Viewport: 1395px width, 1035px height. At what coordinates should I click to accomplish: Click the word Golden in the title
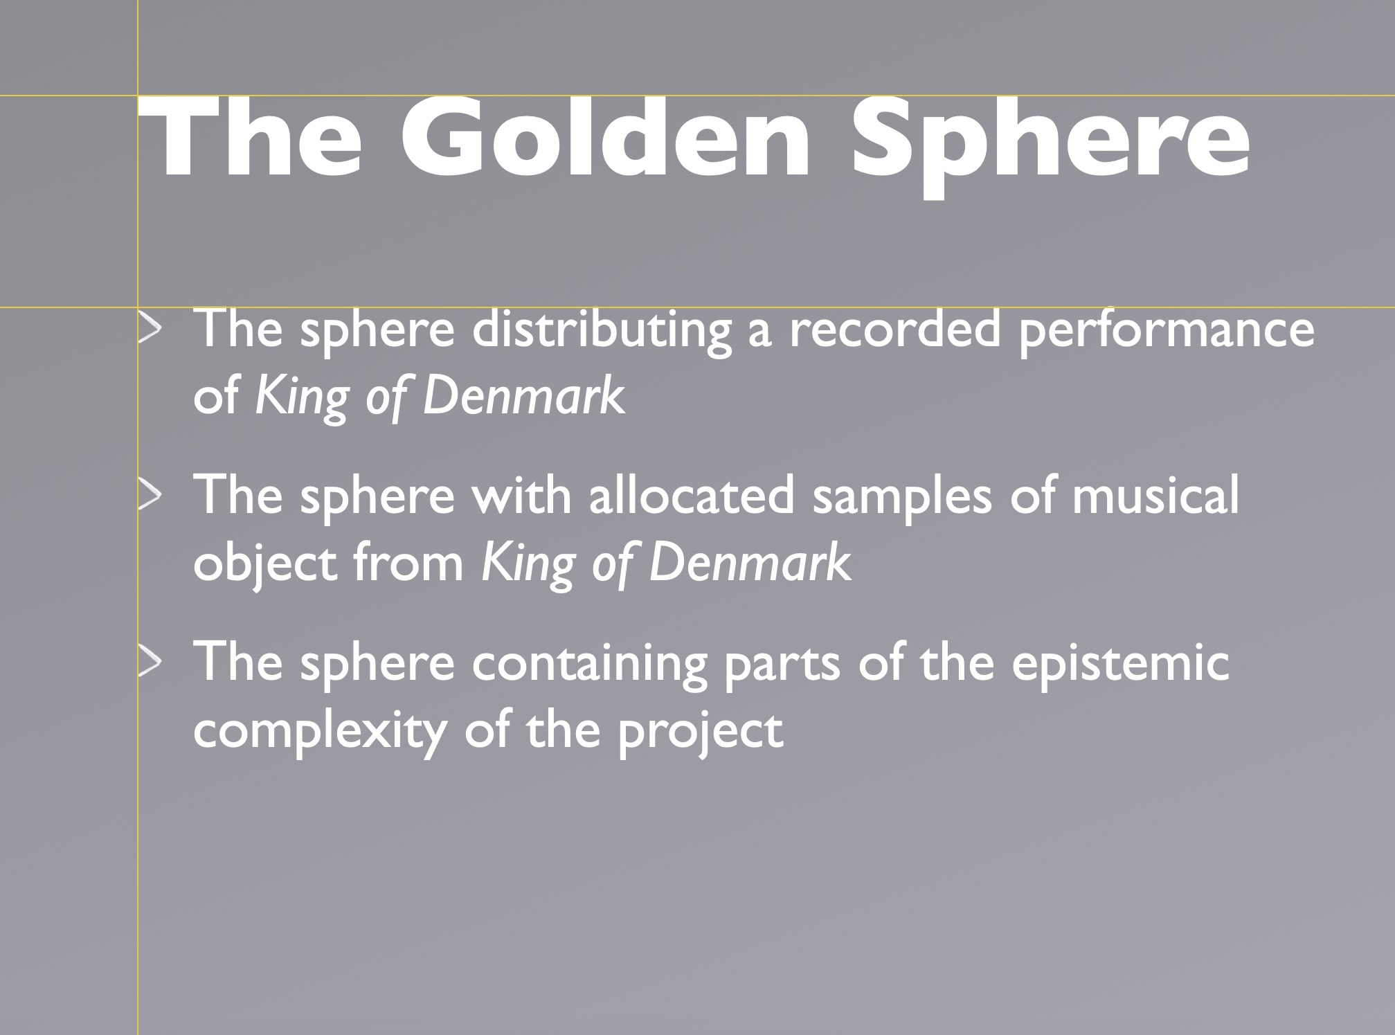pyautogui.click(x=606, y=138)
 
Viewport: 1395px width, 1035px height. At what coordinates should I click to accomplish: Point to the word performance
pyautogui.click(x=1167, y=332)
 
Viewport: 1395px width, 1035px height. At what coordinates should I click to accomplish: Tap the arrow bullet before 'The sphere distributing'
pyautogui.click(x=150, y=330)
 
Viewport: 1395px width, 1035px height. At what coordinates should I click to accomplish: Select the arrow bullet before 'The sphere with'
pyautogui.click(x=150, y=497)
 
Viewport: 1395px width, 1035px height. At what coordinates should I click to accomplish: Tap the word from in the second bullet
pyautogui.click(x=408, y=561)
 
